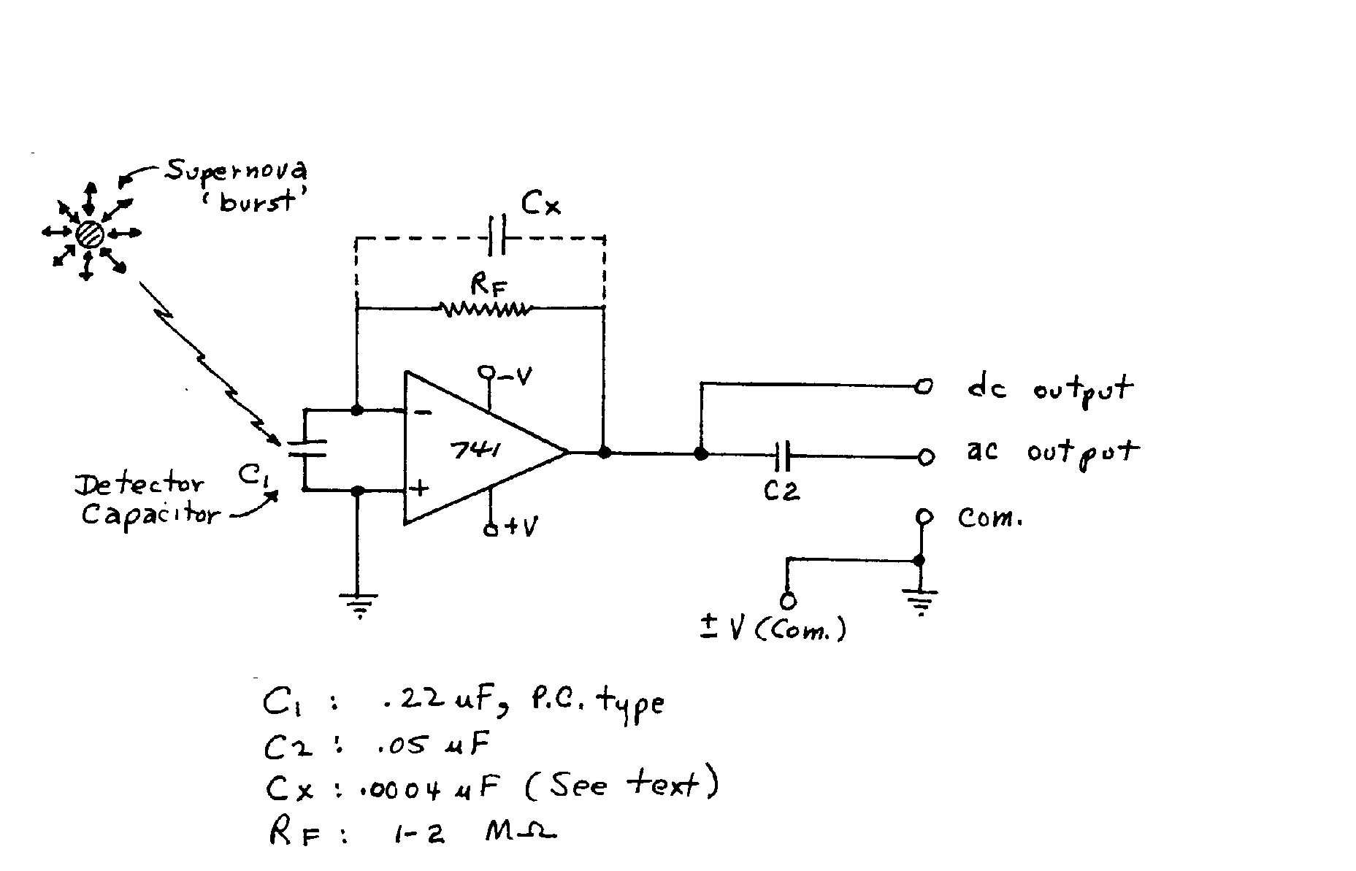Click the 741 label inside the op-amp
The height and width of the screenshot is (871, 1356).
477,451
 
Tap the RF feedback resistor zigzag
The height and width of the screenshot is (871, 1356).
485,310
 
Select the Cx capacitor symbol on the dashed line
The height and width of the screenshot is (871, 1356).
496,236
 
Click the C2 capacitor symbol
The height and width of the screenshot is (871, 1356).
782,456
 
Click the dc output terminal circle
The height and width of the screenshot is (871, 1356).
924,386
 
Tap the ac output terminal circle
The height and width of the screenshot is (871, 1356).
925,457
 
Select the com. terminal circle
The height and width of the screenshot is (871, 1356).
924,517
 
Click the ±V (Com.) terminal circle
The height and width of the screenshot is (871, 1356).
787,601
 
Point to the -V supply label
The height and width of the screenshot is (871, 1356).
514,375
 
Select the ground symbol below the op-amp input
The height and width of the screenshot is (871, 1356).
358,605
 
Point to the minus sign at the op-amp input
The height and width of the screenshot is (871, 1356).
422,413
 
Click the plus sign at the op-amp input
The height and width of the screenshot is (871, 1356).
421,488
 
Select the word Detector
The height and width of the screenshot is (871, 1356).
139,485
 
